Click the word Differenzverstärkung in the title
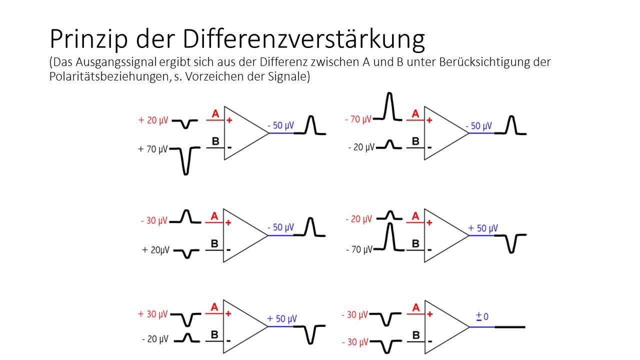pos(303,39)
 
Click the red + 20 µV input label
pos(153,120)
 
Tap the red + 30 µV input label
pos(153,314)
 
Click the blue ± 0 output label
pos(482,316)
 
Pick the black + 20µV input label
pos(156,250)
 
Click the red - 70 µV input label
pos(358,119)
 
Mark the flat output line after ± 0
pos(509,327)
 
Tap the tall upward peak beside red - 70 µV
pos(391,106)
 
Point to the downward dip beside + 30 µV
pos(187,320)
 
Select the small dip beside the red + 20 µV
pos(187,123)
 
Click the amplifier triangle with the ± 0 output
pos(442,327)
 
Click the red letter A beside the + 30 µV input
pos(214,307)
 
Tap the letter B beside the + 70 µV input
pos(215,141)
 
